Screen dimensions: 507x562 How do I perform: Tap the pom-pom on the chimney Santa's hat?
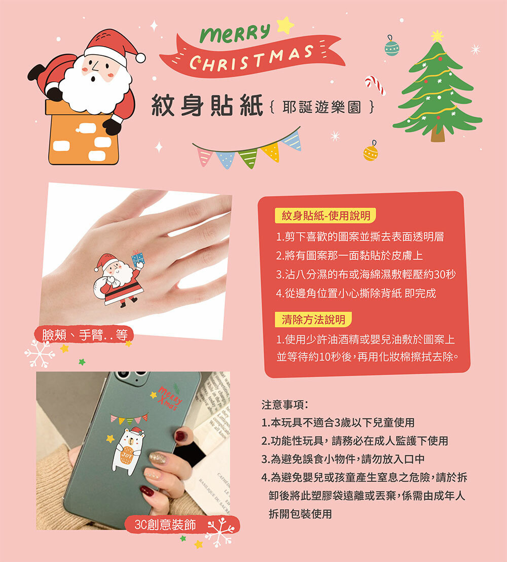click(x=141, y=58)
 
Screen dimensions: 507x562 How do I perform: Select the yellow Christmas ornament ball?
click(x=371, y=152)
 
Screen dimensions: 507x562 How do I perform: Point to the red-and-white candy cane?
click(x=375, y=85)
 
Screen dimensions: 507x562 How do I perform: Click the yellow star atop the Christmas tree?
click(x=437, y=36)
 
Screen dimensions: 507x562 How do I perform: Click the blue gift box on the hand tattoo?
click(x=138, y=258)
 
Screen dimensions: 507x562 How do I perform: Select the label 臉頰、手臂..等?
click(x=85, y=335)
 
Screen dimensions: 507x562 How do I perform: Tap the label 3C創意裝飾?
click(x=165, y=525)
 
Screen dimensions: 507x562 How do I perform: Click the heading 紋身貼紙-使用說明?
click(x=325, y=215)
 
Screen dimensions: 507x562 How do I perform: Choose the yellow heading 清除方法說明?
click(x=313, y=319)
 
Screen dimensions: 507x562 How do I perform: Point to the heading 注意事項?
click(x=285, y=405)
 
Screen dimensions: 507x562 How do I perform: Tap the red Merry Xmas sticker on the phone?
click(x=169, y=398)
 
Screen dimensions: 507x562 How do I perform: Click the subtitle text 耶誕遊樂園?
click(x=321, y=107)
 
